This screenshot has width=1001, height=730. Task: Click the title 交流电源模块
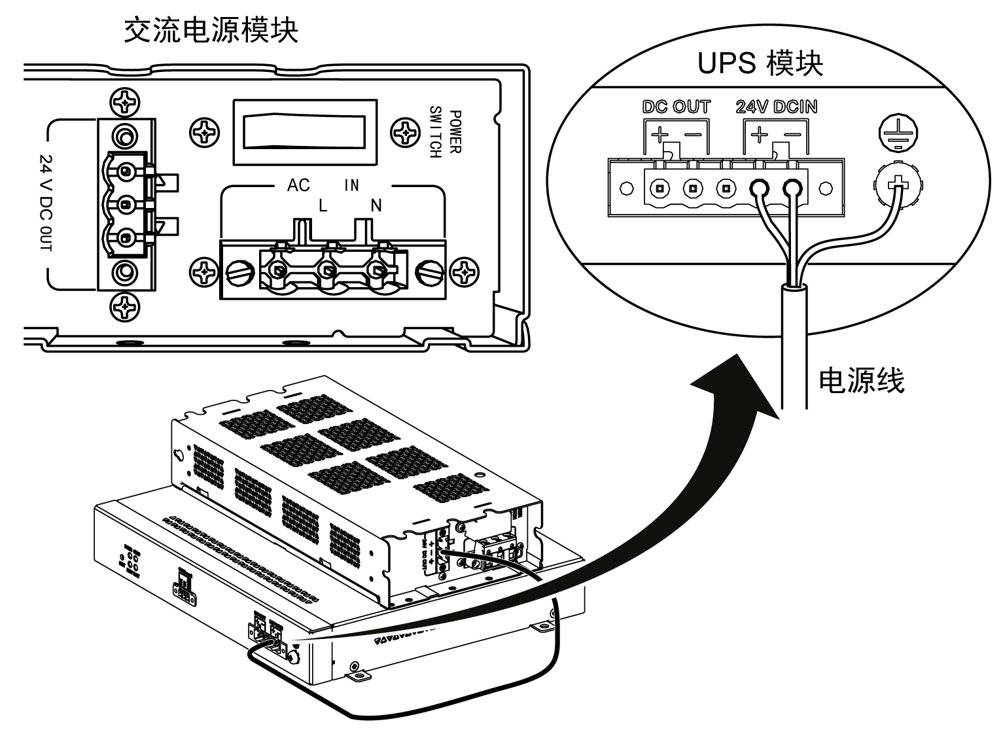tap(211, 30)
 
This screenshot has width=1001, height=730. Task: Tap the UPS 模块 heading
tap(760, 64)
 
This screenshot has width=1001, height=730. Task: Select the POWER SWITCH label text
tap(445, 132)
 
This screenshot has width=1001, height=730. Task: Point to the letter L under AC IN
tap(323, 206)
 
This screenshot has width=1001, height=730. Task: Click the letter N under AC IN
tap(376, 206)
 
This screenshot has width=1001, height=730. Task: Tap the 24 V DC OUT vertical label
tap(47, 203)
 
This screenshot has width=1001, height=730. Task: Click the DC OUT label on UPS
tap(676, 107)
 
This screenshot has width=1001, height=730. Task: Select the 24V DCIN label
tap(776, 107)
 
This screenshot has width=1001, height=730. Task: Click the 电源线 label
tap(861, 380)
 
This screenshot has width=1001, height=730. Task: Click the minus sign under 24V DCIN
tap(792, 135)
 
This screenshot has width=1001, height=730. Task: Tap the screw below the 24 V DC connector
tap(124, 304)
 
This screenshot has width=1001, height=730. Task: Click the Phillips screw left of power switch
tap(205, 133)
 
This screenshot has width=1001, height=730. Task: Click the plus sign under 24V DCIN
tap(759, 135)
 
